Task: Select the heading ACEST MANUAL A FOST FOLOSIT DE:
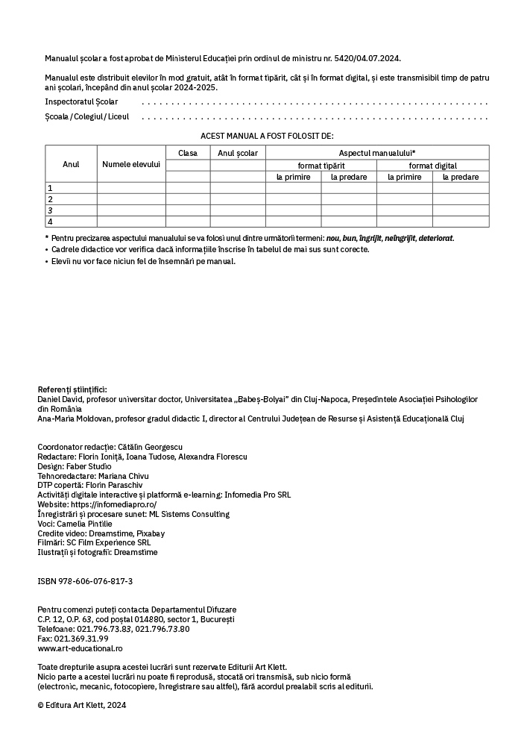(267, 136)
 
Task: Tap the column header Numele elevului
(131, 164)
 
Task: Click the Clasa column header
(188, 153)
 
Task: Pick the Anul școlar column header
(238, 153)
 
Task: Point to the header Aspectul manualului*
(377, 153)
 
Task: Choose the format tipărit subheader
(321, 166)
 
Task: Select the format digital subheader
(432, 166)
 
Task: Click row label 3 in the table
(50, 210)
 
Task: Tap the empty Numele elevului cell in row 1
(131, 188)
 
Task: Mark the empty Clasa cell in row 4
(188, 222)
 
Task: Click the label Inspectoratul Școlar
(81, 101)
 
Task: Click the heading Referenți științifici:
(72, 389)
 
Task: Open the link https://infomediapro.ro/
(113, 504)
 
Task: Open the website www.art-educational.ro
(75, 648)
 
